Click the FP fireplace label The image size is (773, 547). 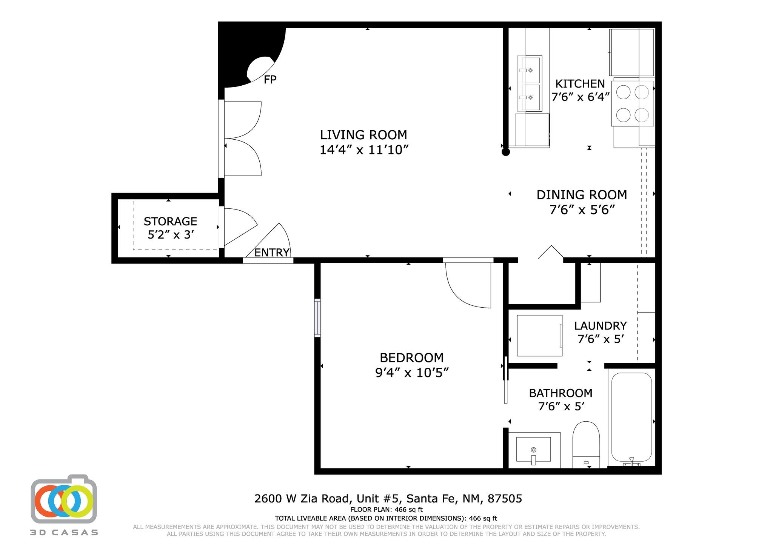coord(270,80)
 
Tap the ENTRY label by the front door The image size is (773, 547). coord(272,253)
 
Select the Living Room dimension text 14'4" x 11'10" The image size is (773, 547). coord(364,150)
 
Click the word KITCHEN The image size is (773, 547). coord(580,83)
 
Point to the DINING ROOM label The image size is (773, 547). coord(582,195)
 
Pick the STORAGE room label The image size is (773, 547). coord(170,221)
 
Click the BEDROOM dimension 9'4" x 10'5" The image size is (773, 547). coord(412,373)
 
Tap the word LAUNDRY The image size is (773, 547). coord(600,325)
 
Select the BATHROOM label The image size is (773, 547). coord(561,393)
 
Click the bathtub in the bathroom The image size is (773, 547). coord(631,418)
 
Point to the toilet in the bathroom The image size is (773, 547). coord(586,445)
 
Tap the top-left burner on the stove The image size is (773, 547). coord(623,92)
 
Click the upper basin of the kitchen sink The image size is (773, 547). coord(530,70)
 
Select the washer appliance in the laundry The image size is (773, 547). coord(539,336)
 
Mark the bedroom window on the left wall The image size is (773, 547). coord(318,318)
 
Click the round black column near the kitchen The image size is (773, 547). coord(506,152)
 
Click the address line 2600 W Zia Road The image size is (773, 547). coord(388,499)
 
